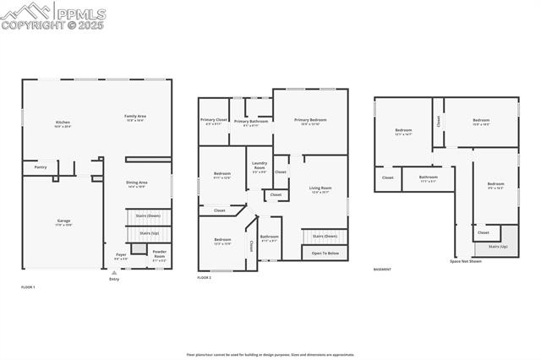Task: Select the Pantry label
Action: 41,167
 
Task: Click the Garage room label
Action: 63,222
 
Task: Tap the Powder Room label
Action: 159,255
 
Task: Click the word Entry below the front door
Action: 114,279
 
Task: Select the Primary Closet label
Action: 214,121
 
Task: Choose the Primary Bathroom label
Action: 251,122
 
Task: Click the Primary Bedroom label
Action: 310,121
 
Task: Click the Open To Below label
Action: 325,254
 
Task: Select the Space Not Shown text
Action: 466,261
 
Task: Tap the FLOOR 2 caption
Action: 205,277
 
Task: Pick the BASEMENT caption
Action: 382,270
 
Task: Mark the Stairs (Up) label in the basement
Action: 499,247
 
